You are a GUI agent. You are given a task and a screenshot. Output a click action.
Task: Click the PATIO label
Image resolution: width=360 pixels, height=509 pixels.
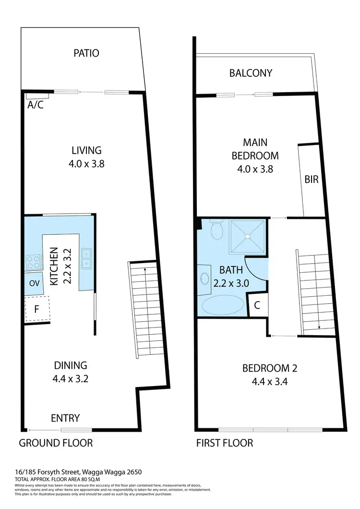(86, 53)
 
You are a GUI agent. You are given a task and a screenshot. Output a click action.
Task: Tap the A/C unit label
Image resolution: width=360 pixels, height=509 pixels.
(35, 105)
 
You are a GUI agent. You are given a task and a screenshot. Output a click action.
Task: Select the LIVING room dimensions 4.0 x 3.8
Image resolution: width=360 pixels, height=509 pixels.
(86, 163)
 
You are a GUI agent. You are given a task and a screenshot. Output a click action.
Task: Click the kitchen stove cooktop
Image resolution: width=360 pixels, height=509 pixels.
(33, 262)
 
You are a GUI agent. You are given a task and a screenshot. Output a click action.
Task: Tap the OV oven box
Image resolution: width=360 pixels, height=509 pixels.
(34, 283)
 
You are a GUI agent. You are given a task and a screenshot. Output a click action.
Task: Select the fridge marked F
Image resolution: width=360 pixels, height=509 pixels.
(36, 309)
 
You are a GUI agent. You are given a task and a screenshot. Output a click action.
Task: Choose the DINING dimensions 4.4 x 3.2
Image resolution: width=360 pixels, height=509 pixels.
(70, 378)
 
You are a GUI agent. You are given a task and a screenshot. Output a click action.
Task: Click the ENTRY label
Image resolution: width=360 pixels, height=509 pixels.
(65, 418)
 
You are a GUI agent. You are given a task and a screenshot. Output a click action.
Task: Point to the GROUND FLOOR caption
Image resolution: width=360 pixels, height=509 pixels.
(56, 443)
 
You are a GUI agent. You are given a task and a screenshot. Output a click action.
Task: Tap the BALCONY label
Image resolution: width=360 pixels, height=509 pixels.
(251, 73)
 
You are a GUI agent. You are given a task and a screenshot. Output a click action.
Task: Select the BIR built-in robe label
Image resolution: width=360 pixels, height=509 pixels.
(311, 179)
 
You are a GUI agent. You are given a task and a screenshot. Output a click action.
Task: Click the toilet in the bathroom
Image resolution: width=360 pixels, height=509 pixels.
(217, 230)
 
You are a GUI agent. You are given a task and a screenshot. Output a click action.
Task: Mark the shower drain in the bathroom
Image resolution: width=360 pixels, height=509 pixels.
(248, 236)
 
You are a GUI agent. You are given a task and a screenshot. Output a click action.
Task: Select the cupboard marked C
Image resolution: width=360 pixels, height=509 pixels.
(256, 305)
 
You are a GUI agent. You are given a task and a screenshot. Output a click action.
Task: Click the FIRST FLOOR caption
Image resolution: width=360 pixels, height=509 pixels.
(225, 443)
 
